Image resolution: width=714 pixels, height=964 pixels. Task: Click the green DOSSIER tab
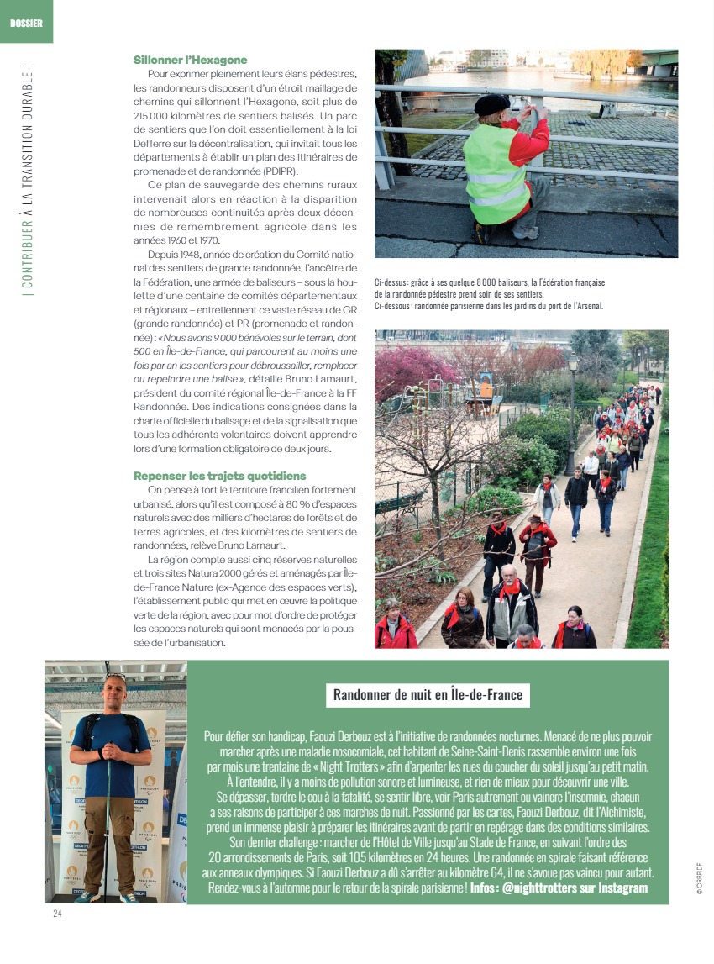tap(25, 23)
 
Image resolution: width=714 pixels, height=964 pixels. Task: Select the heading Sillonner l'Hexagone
tap(191, 60)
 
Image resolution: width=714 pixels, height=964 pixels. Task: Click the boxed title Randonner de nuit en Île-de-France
tap(428, 694)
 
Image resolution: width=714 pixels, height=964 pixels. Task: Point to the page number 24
tap(58, 913)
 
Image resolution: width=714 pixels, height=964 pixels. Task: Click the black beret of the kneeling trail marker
tap(491, 103)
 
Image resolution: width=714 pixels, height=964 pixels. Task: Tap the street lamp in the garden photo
tap(573, 366)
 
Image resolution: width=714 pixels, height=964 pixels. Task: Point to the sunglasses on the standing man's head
tap(115, 677)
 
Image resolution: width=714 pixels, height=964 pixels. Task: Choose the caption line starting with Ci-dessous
tap(488, 306)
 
